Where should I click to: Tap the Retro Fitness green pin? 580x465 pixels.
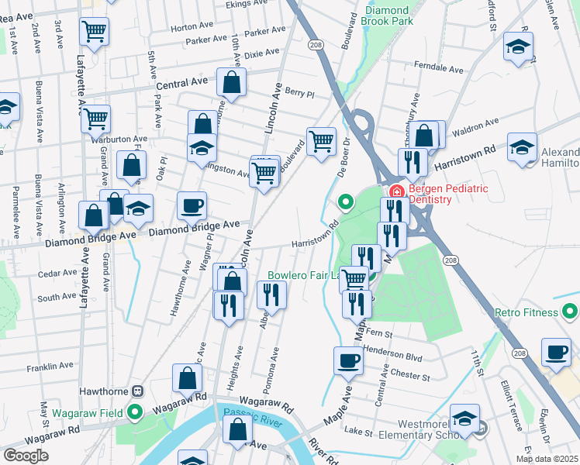pos(570,312)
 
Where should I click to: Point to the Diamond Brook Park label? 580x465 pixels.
pos(386,16)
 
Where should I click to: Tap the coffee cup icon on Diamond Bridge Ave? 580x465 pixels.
pos(192,206)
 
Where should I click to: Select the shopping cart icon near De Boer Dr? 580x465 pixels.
pos(321,141)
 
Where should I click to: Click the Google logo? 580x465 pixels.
pos(26,455)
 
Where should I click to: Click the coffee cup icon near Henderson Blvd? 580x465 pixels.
pos(348,360)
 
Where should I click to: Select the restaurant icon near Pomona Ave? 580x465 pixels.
pos(271,294)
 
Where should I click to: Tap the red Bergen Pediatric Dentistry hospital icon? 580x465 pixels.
pos(395,191)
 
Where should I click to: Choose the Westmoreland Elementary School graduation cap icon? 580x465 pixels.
pos(464,421)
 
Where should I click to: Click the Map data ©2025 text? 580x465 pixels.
pos(547,459)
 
